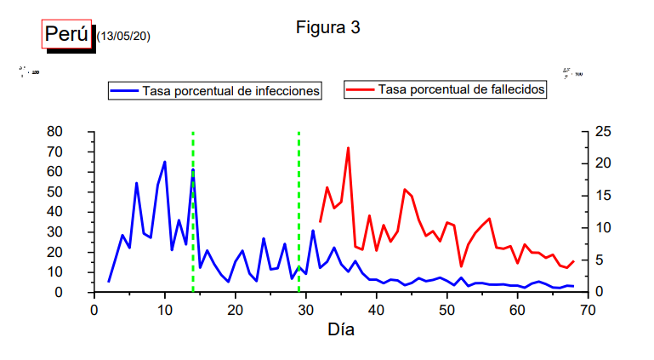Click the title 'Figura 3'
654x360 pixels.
pyautogui.click(x=328, y=27)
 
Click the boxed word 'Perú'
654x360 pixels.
pyautogui.click(x=66, y=34)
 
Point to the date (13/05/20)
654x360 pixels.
pyautogui.click(x=123, y=36)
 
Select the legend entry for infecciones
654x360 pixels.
pyautogui.click(x=214, y=90)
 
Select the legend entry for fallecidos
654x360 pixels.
pyautogui.click(x=446, y=89)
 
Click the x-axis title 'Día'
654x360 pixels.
pyautogui.click(x=341, y=329)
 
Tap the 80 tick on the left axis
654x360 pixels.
pyautogui.click(x=55, y=131)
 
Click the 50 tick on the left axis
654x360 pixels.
pyautogui.click(x=55, y=191)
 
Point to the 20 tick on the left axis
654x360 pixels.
pyautogui.click(x=55, y=252)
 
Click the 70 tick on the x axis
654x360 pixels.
pyautogui.click(x=587, y=311)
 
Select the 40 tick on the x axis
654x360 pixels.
pyautogui.click(x=376, y=311)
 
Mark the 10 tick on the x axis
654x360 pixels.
pyautogui.click(x=164, y=311)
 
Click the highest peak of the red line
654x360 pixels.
pyautogui.click(x=348, y=148)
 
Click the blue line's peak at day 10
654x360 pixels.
pyautogui.click(x=164, y=162)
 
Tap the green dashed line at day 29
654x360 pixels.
pyautogui.click(x=299, y=213)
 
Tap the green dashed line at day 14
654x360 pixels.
pyautogui.click(x=193, y=213)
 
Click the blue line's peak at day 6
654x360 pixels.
pyautogui.click(x=136, y=183)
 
